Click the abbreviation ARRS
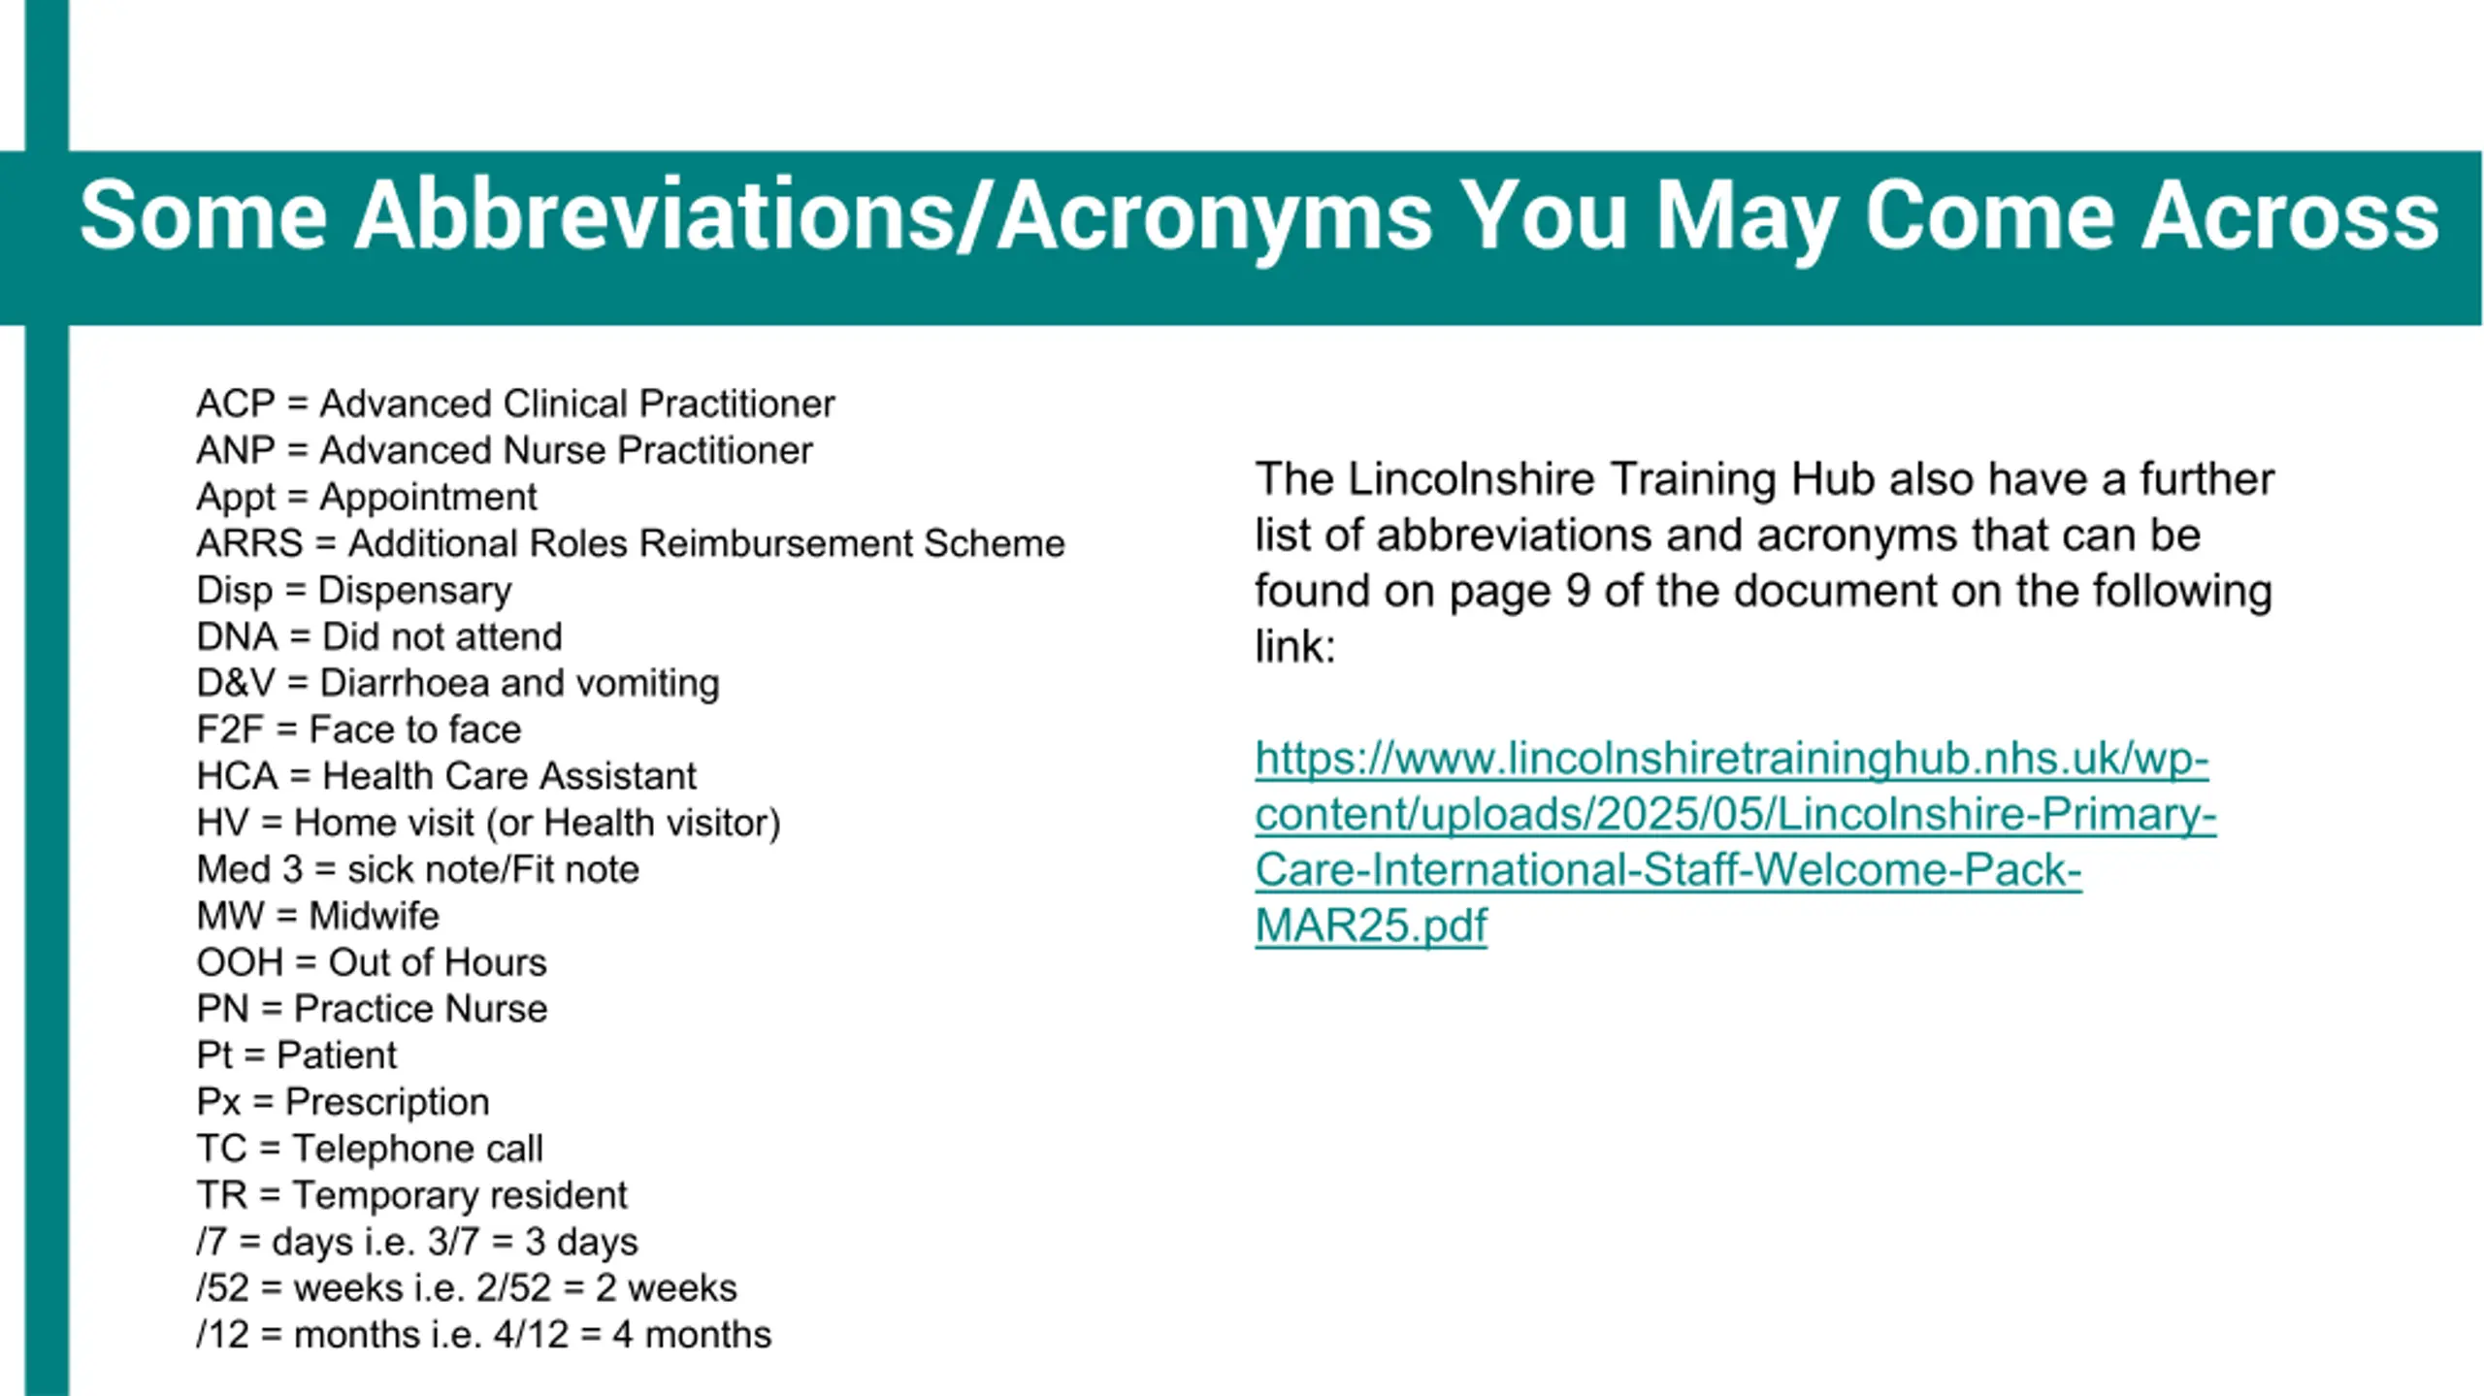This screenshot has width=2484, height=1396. (x=249, y=543)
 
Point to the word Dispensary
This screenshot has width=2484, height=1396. (x=414, y=591)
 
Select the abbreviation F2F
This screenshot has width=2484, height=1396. (x=230, y=730)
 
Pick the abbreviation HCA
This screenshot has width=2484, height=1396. (x=237, y=776)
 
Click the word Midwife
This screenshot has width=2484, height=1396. (x=374, y=916)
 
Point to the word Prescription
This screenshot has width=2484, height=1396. (x=387, y=1103)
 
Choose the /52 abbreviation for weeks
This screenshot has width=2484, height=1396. (x=223, y=1288)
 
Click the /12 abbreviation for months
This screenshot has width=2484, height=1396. (x=223, y=1335)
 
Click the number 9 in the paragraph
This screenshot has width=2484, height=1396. (x=1579, y=591)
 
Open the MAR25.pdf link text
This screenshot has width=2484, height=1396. (x=1370, y=925)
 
